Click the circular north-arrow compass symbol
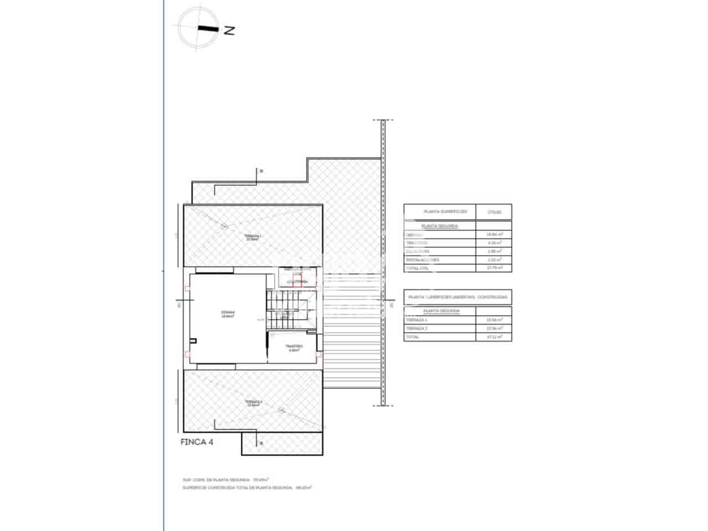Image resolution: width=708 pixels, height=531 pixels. (x=195, y=29)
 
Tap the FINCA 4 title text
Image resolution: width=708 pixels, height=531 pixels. (x=197, y=442)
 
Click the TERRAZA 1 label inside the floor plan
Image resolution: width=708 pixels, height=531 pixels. (x=253, y=237)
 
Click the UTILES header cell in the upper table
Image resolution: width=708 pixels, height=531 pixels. (x=494, y=212)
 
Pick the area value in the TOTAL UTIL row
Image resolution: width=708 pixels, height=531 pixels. (x=494, y=268)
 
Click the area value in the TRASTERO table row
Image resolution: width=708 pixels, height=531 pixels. (x=494, y=243)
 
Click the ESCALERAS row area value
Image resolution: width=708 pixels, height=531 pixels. (x=494, y=251)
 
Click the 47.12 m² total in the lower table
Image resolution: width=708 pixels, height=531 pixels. (x=494, y=337)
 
